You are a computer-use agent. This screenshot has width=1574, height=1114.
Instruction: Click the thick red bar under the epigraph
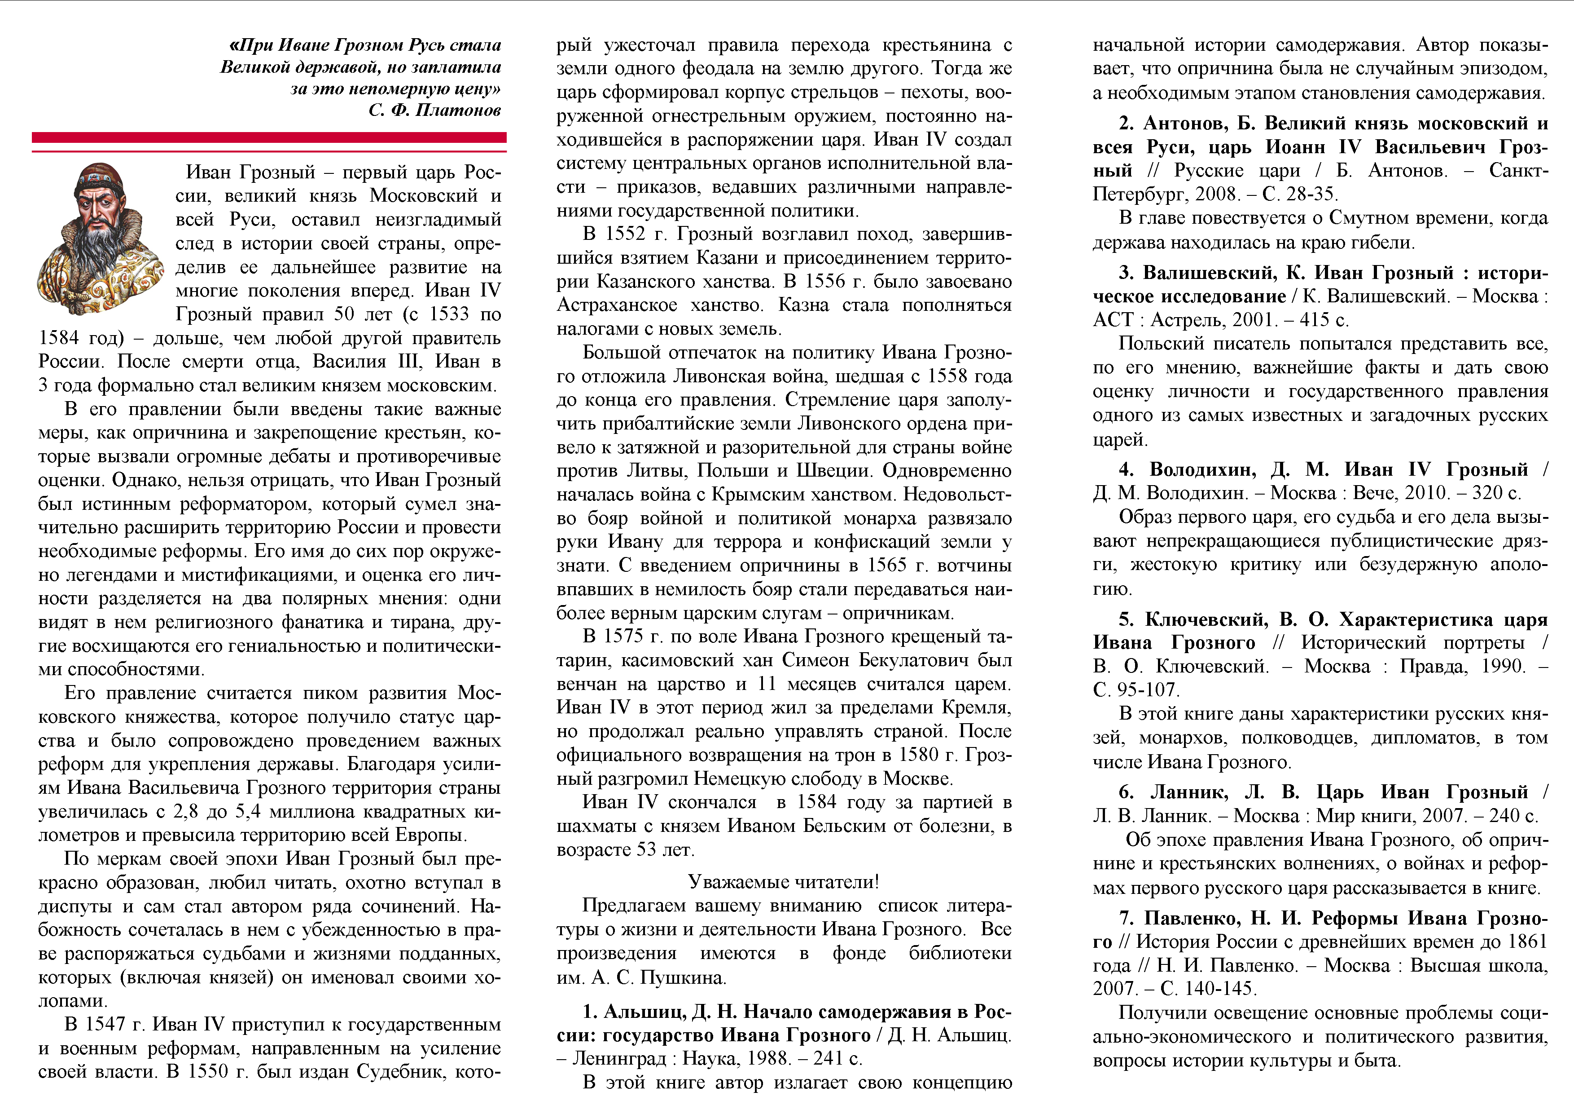coord(269,137)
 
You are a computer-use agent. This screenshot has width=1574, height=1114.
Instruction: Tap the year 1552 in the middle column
coord(625,234)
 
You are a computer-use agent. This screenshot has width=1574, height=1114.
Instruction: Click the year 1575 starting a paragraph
coord(625,637)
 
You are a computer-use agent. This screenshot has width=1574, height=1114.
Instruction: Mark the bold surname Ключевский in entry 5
coord(1206,619)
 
